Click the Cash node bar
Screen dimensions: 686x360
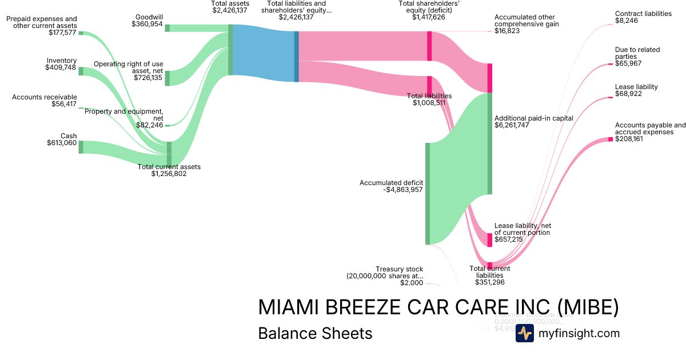[x=81, y=147]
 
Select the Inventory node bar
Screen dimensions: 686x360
[x=81, y=71]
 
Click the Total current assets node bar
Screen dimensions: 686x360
[x=169, y=153]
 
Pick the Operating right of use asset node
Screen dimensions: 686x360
[x=167, y=78]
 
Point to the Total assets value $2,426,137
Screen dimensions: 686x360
[x=230, y=10]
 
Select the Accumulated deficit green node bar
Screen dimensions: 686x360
[x=427, y=194]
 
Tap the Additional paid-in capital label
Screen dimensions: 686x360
[x=533, y=118]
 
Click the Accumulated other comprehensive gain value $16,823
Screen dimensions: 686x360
[x=507, y=31]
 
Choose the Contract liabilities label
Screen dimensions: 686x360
[x=643, y=14]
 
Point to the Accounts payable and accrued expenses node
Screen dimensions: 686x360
[x=611, y=139]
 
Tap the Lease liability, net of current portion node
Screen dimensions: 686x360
[x=489, y=240]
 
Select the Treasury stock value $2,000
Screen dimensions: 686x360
[x=412, y=283]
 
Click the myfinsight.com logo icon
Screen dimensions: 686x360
[x=524, y=333]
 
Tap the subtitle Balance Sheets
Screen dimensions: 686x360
[x=315, y=333]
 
